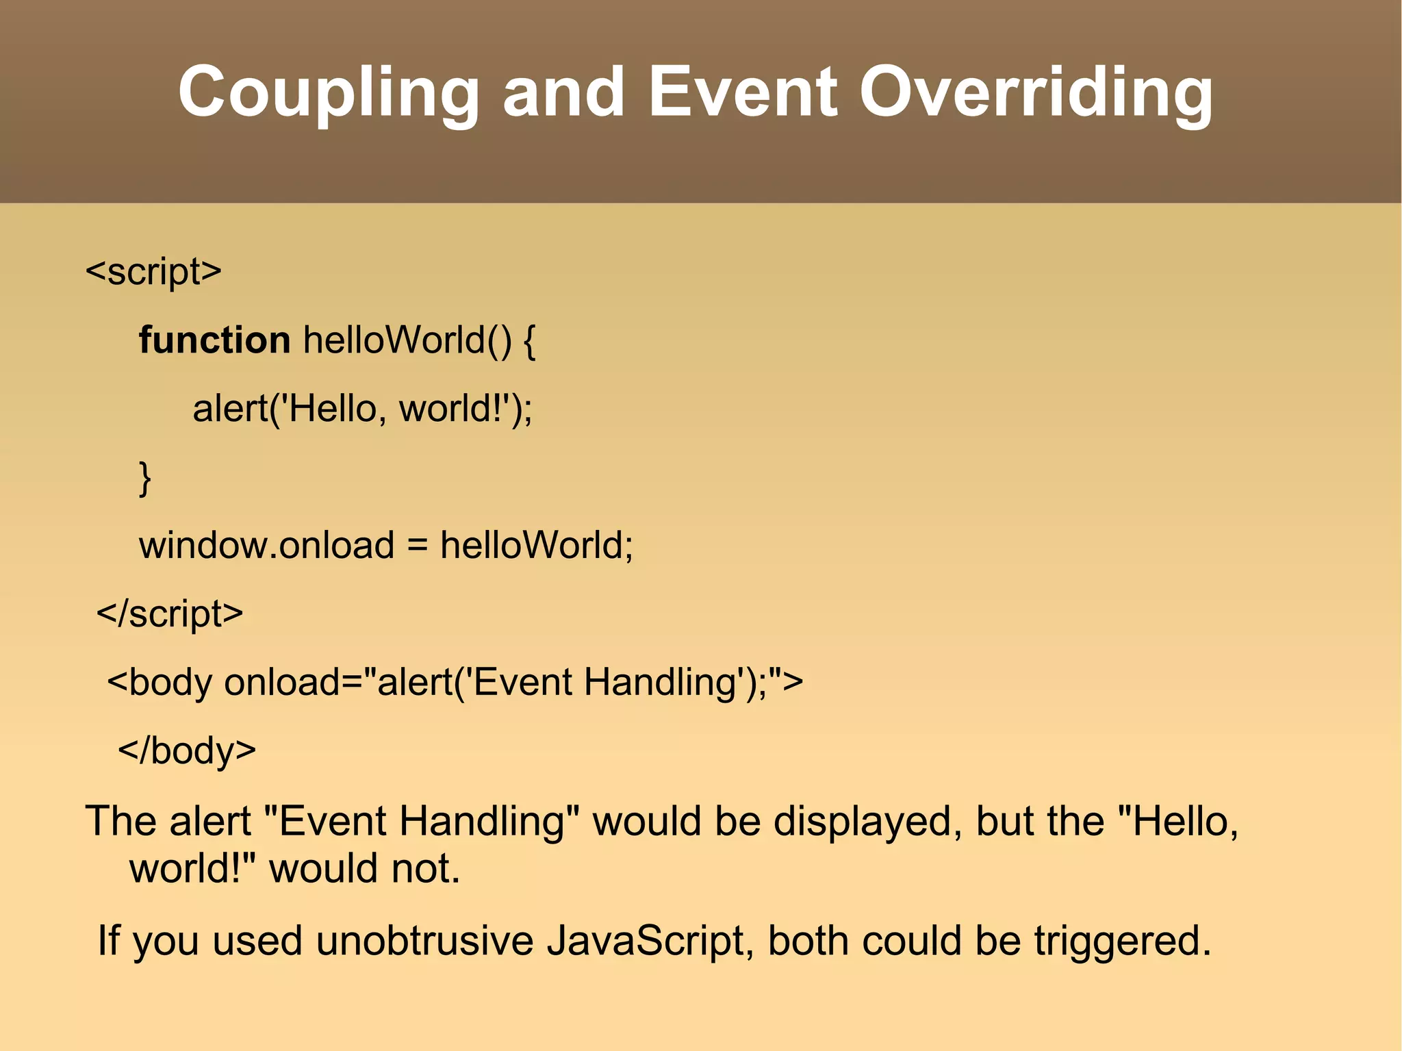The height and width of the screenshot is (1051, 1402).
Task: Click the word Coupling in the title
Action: (329, 92)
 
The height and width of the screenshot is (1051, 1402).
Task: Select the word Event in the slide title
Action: (742, 92)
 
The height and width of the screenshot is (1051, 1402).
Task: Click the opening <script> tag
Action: (153, 272)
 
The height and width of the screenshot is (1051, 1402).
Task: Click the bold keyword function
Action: (214, 340)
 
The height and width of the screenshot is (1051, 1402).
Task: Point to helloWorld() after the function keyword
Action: (407, 340)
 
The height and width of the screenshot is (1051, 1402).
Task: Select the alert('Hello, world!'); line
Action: (362, 409)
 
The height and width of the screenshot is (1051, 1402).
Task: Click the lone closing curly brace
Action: (144, 478)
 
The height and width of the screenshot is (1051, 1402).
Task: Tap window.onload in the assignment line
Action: (266, 546)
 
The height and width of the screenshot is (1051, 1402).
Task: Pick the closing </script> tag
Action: (170, 614)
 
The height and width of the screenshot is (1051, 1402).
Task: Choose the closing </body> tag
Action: (187, 751)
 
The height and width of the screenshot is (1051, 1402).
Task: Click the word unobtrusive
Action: (424, 941)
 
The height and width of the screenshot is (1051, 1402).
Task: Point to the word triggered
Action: (1121, 941)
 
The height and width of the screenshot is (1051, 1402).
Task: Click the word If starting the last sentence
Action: (109, 941)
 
